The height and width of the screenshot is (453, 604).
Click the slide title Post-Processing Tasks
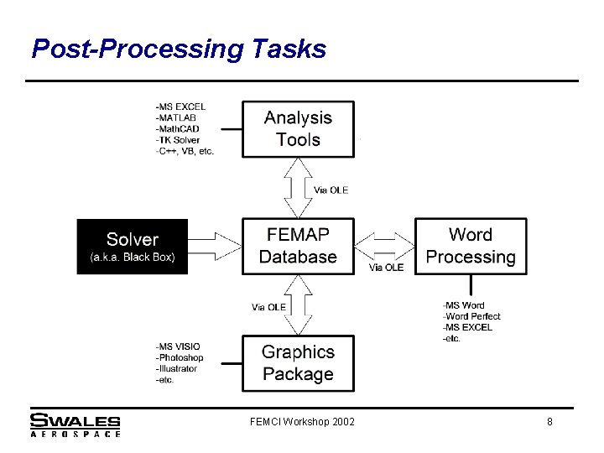coord(178,49)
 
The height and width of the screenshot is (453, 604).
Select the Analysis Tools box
coord(298,129)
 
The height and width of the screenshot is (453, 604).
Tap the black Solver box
coord(133,247)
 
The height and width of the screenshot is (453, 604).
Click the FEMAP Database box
coord(298,247)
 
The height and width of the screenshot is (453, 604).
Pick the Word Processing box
coord(471,247)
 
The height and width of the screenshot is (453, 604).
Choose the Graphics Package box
coord(298,363)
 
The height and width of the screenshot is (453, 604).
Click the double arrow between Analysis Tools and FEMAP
coord(298,188)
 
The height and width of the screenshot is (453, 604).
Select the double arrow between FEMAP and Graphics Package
coord(298,305)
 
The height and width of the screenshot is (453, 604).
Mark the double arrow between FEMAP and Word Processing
coord(384,246)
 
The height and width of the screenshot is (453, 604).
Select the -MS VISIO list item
coord(178,346)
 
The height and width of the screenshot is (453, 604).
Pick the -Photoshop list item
coord(180,357)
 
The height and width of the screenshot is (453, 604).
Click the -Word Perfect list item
coord(471,316)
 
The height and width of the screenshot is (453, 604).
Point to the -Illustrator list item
coord(176,368)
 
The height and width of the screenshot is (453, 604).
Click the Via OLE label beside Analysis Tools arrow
coord(331,190)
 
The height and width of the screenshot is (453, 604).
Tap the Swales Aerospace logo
coord(75,424)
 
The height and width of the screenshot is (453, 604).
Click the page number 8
coord(549,421)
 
